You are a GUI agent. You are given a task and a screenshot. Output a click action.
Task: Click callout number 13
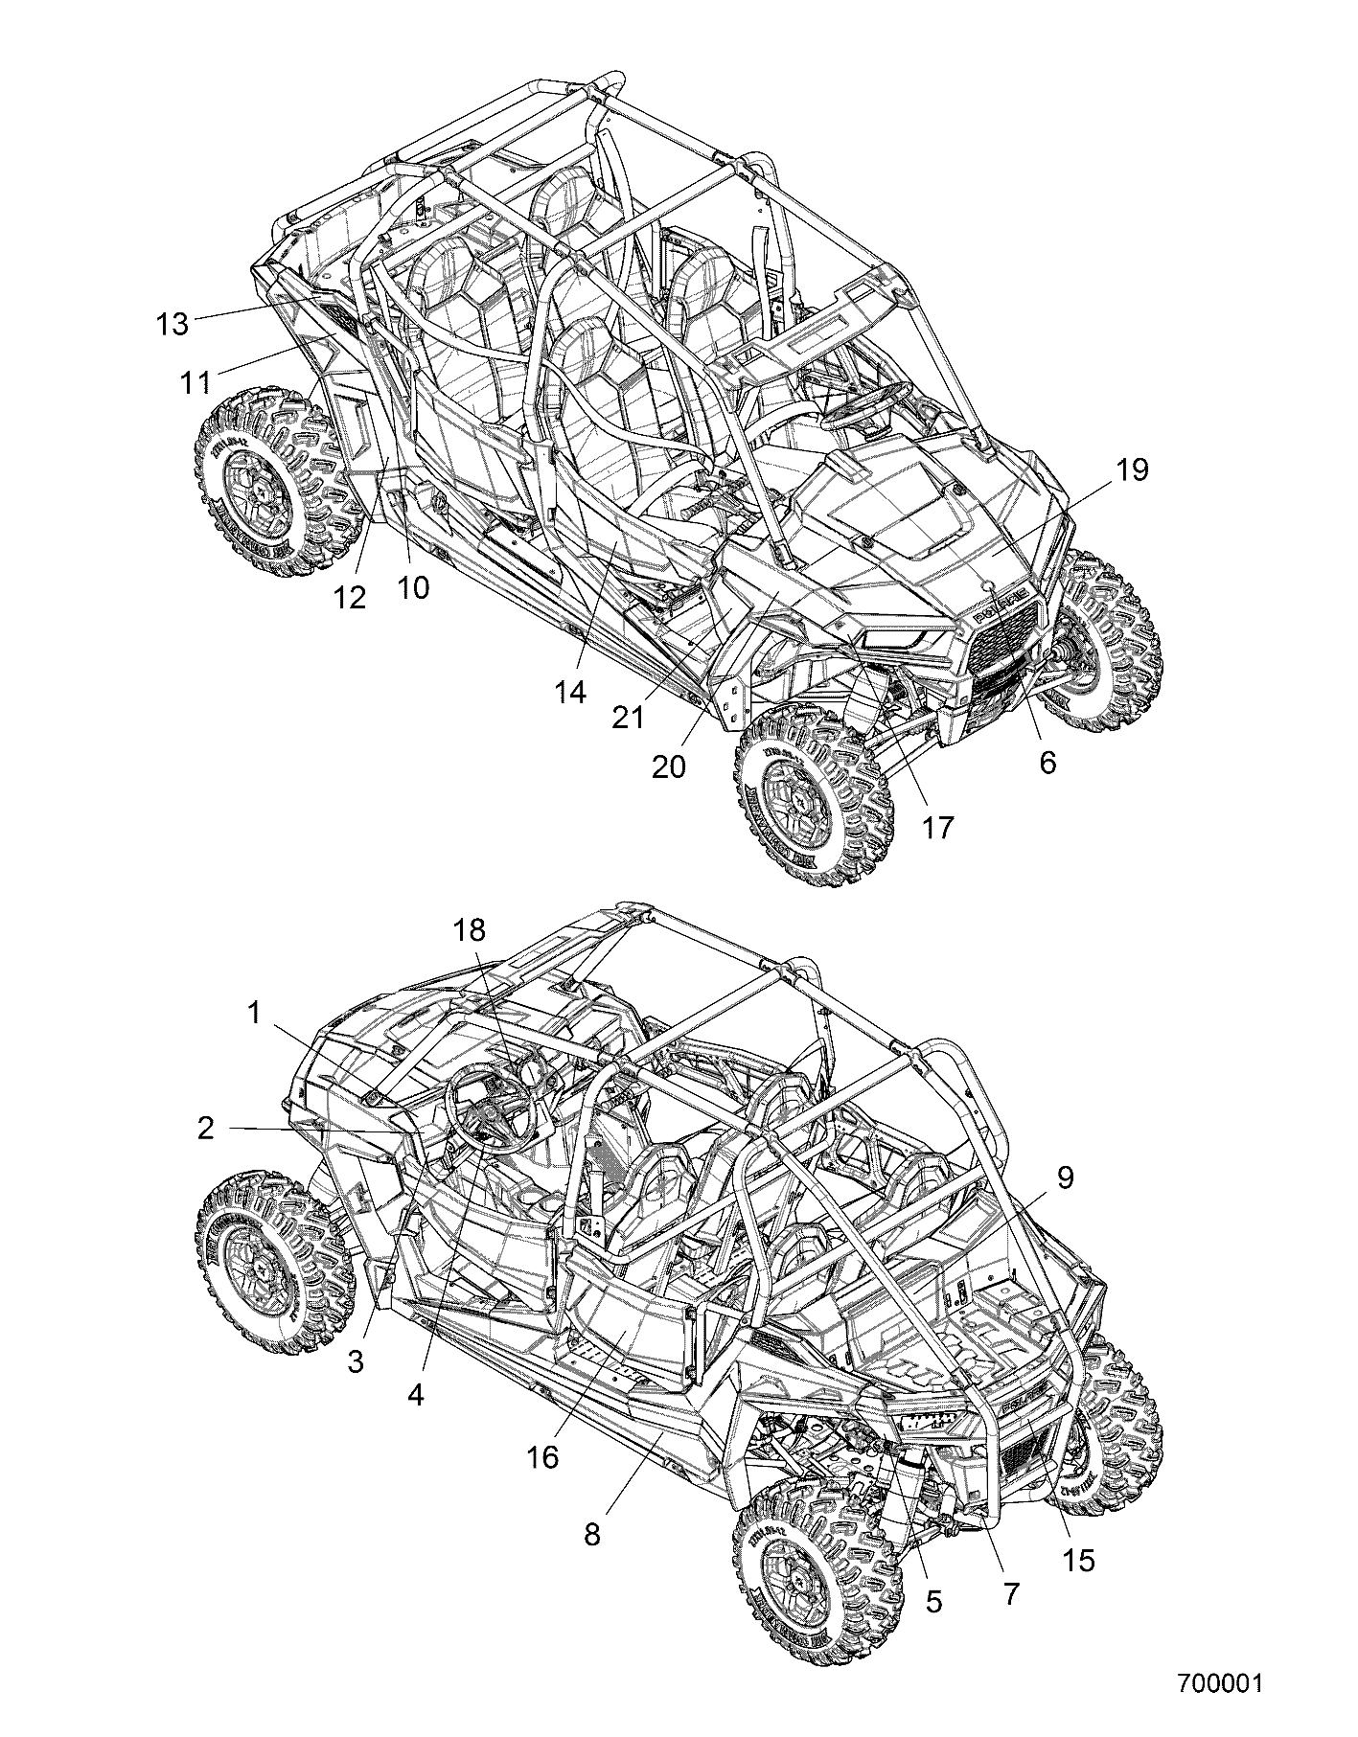click(173, 324)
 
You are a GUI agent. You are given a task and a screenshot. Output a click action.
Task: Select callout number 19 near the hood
click(1131, 470)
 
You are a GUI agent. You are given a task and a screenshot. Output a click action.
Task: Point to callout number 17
click(938, 826)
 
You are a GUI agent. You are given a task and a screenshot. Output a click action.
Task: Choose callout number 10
click(413, 586)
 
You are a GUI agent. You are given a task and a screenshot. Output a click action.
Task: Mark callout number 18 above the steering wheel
click(470, 929)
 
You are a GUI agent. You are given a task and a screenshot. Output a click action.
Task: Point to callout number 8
click(591, 1534)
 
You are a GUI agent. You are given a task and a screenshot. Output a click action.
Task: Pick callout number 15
click(1079, 1559)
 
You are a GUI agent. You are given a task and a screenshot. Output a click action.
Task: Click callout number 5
click(932, 1600)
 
